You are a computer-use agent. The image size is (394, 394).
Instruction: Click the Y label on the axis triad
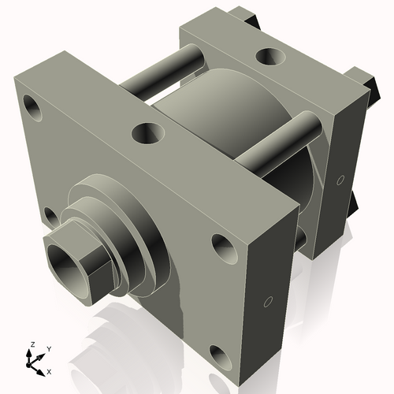tap(48, 348)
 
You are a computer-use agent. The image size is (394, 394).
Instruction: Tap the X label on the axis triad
tap(50, 370)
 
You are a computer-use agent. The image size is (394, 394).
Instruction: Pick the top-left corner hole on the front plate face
tap(32, 105)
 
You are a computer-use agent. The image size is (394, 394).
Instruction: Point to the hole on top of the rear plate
tap(271, 56)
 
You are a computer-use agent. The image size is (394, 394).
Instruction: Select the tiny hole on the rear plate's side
tap(340, 180)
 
